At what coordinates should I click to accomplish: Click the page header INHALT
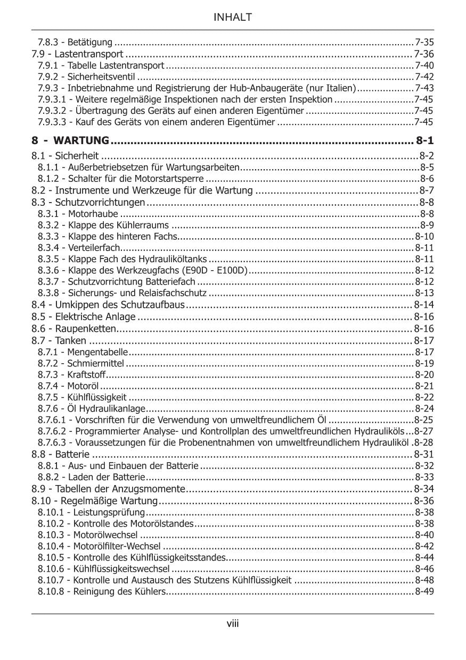tap(233, 18)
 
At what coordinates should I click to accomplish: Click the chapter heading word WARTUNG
tap(82, 141)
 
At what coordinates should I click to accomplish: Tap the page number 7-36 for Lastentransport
tap(424, 54)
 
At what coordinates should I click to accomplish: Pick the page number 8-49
tap(424, 591)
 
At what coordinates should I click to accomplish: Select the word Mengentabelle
tap(97, 352)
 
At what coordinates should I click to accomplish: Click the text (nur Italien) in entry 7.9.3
tap(334, 88)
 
